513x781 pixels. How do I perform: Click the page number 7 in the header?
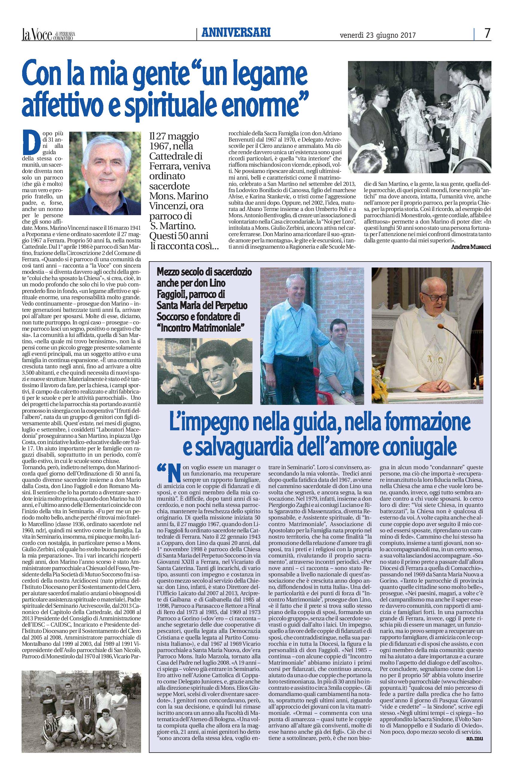tap(487, 33)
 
